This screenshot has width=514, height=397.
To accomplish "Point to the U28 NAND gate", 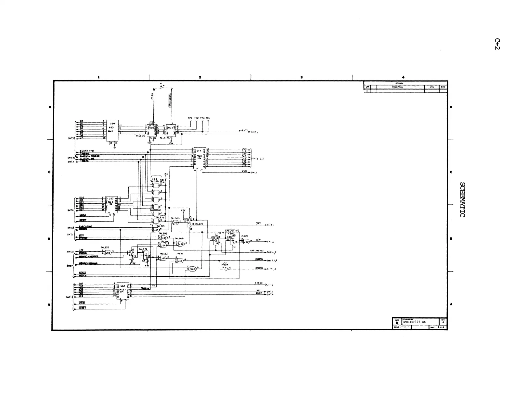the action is [193, 269].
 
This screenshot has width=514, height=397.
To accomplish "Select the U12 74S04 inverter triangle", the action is [226, 269].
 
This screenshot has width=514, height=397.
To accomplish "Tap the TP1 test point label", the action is [190, 118].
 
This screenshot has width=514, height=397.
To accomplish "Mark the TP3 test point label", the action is [208, 118].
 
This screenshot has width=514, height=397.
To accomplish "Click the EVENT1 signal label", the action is [243, 131].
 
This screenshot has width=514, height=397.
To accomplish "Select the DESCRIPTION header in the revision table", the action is [397, 87].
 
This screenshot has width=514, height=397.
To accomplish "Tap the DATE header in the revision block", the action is [443, 87].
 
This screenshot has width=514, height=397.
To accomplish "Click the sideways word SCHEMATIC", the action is [463, 199].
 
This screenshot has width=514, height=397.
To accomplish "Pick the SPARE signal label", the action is [259, 283].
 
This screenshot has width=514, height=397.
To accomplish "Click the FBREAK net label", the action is [145, 288].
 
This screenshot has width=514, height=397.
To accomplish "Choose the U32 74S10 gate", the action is [179, 260].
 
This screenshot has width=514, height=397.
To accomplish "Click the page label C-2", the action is [497, 44].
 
